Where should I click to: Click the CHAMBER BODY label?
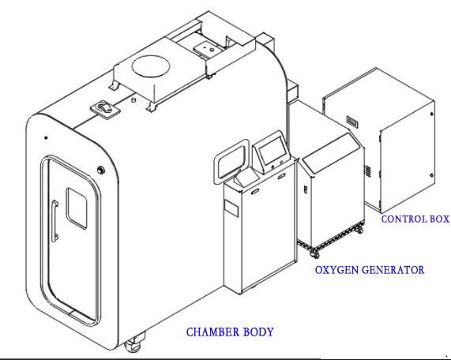(x=230, y=332)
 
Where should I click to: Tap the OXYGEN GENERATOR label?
(x=370, y=270)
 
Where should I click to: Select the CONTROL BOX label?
(x=415, y=219)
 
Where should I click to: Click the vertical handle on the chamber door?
(x=54, y=220)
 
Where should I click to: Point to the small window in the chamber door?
(x=77, y=208)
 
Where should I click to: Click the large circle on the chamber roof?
(x=151, y=66)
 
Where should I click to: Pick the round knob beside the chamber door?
(x=101, y=170)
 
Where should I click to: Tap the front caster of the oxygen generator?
(x=314, y=253)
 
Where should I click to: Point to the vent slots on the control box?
(x=368, y=171)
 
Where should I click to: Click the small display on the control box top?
(x=352, y=121)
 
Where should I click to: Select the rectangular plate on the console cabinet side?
(x=231, y=208)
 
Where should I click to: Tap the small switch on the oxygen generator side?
(x=306, y=189)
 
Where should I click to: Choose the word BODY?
(x=258, y=332)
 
